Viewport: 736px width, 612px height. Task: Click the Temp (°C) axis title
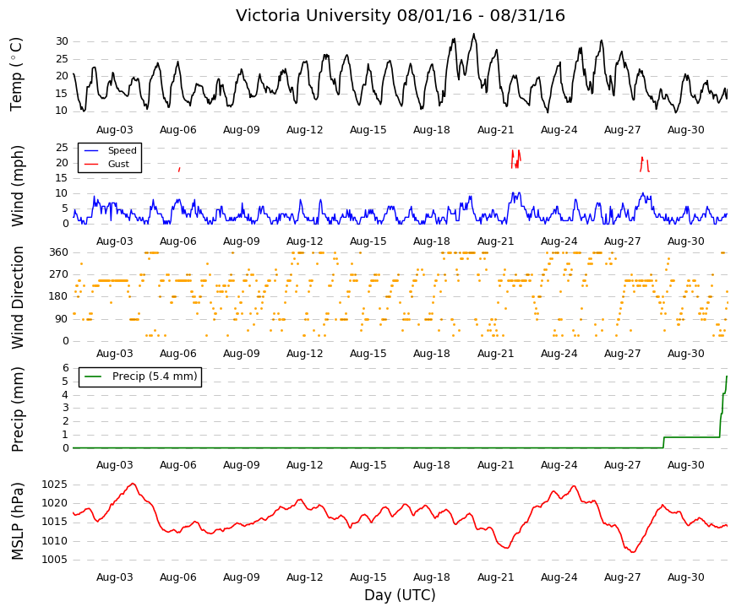point(16,74)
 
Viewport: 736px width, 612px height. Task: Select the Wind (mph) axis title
point(17,186)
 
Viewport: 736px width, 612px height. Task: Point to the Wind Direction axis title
point(17,297)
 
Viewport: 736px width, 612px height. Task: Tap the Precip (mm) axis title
point(17,409)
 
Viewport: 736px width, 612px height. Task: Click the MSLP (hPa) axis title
point(17,521)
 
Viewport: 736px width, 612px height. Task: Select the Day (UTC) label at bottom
point(400,594)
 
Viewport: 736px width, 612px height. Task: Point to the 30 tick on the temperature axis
point(62,41)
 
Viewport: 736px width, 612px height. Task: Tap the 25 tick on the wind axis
point(62,148)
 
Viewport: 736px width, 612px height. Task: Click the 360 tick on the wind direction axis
point(59,252)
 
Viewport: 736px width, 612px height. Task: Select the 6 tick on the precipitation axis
point(66,368)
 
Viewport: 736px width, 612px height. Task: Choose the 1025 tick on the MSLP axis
point(54,485)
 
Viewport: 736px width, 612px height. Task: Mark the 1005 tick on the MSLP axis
point(54,560)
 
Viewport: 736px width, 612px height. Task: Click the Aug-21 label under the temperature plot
point(496,130)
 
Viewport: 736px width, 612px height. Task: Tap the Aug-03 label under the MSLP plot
point(115,577)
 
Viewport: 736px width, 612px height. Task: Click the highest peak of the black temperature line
point(473,34)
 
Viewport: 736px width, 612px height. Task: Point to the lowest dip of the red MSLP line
point(633,552)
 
